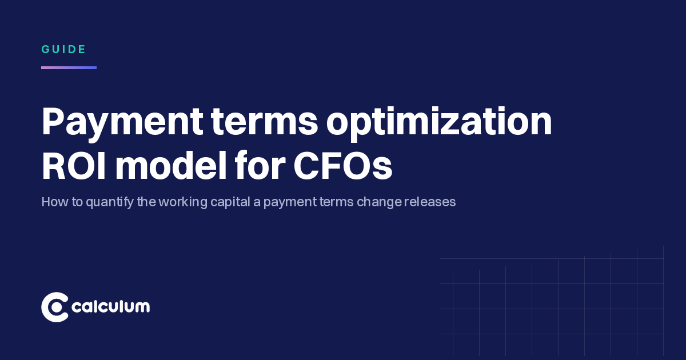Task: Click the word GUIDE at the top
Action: [x=63, y=49]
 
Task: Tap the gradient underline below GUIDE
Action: [x=69, y=67]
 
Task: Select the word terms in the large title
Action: [x=265, y=122]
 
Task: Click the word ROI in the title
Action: [x=74, y=165]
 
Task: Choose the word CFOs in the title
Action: [x=342, y=165]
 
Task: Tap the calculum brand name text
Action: [x=110, y=306]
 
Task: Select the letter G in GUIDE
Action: [x=46, y=49]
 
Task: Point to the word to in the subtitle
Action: [x=77, y=202]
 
